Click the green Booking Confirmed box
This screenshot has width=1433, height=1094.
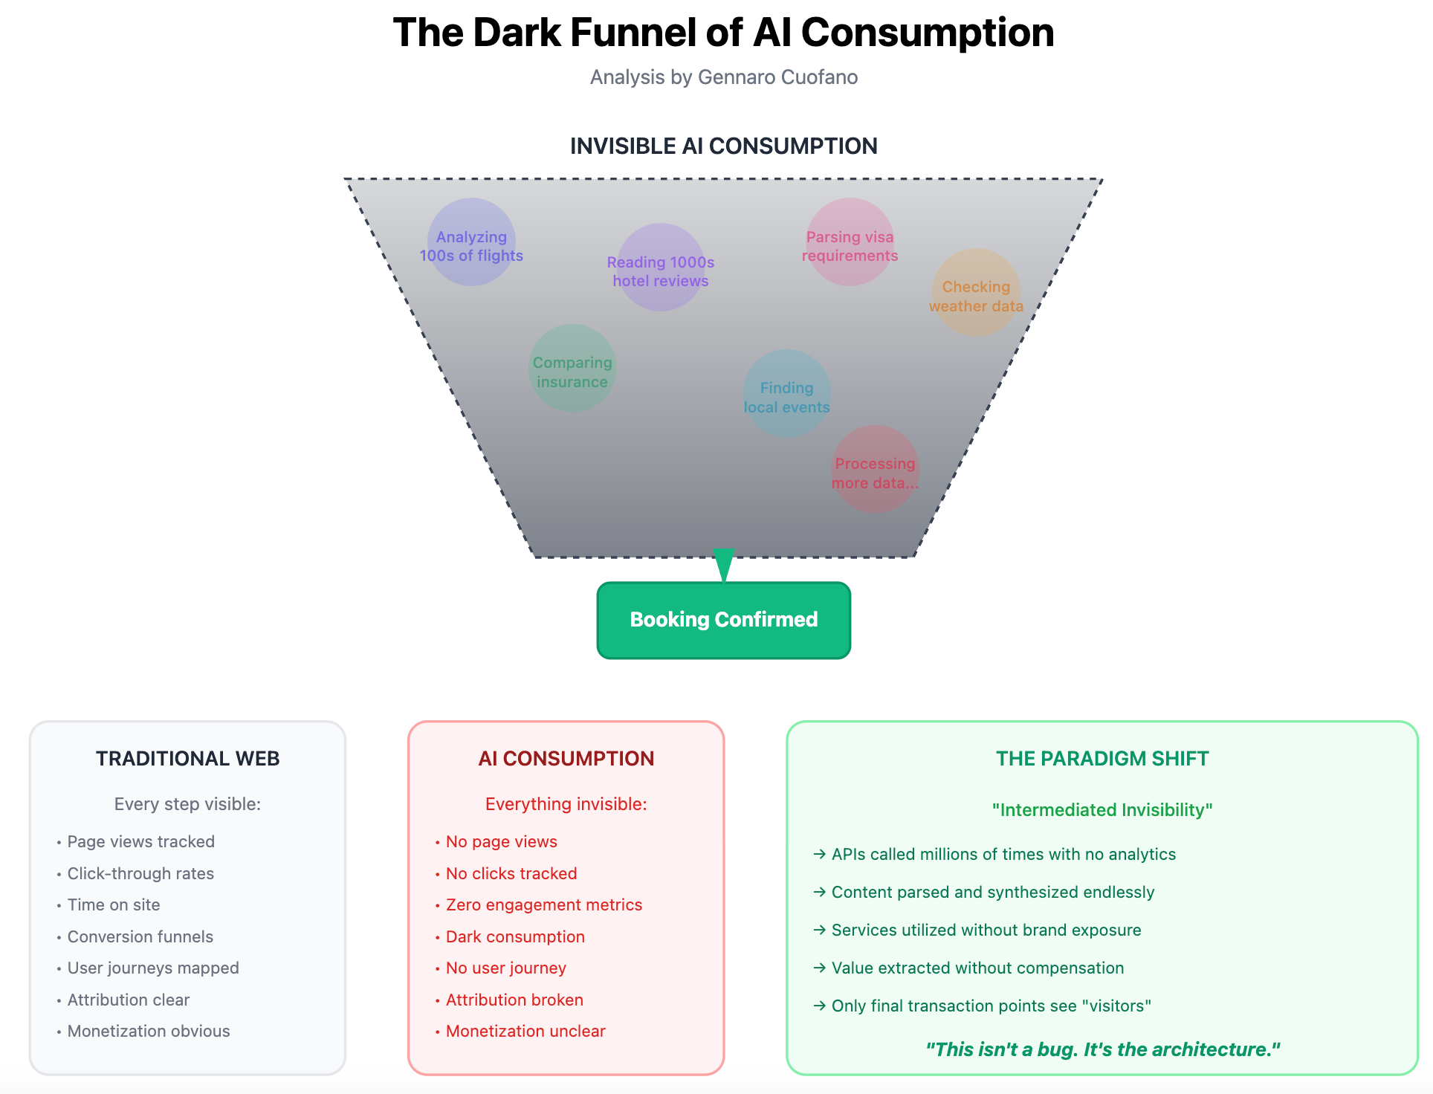(x=723, y=620)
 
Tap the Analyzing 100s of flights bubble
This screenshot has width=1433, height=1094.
(x=471, y=242)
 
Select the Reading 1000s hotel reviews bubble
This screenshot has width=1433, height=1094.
(x=661, y=268)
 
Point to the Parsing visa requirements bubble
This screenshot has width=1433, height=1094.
(x=850, y=242)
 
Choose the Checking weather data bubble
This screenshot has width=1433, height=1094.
(x=976, y=293)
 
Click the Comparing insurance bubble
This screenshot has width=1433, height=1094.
(x=572, y=369)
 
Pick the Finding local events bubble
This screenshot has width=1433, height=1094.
(x=786, y=394)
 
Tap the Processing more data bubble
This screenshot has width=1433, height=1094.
(x=875, y=470)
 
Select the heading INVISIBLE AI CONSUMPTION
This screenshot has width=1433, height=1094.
(x=723, y=146)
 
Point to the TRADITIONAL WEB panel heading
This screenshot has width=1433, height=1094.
(x=187, y=758)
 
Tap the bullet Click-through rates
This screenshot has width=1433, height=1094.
(x=140, y=873)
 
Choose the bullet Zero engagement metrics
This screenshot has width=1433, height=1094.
(x=543, y=904)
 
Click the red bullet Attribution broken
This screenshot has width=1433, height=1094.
(x=514, y=1000)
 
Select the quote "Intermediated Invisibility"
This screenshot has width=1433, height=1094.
(x=1102, y=809)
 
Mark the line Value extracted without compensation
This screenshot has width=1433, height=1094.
(x=977, y=968)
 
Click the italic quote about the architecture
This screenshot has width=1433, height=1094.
(x=1102, y=1049)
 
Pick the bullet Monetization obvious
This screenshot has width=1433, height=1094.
(x=149, y=1031)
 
